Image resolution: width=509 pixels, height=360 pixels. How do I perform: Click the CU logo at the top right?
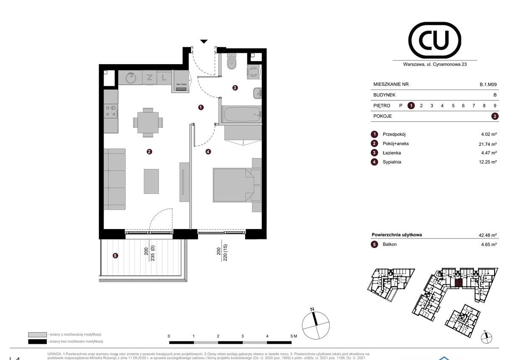pyautogui.click(x=434, y=40)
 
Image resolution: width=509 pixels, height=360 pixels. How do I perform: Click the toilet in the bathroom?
pyautogui.click(x=232, y=63)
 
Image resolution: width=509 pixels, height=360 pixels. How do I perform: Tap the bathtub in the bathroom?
pyautogui.click(x=240, y=115)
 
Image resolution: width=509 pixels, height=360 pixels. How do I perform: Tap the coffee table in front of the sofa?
pyautogui.click(x=151, y=181)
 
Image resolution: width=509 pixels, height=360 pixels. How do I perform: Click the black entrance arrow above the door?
pyautogui.click(x=204, y=41)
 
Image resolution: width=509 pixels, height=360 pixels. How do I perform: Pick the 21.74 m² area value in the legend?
pyautogui.click(x=487, y=144)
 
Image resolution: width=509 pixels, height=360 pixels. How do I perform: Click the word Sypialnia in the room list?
pyautogui.click(x=392, y=162)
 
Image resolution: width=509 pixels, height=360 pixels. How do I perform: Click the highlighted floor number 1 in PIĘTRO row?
pyautogui.click(x=411, y=105)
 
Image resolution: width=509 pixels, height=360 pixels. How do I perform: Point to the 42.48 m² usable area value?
pyautogui.click(x=487, y=235)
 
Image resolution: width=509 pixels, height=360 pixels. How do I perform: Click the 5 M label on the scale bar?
pyautogui.click(x=294, y=336)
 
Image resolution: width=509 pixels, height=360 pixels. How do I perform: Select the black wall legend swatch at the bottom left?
pyautogui.click(x=37, y=341)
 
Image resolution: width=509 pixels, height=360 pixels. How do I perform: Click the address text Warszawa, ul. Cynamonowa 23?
pyautogui.click(x=434, y=65)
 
